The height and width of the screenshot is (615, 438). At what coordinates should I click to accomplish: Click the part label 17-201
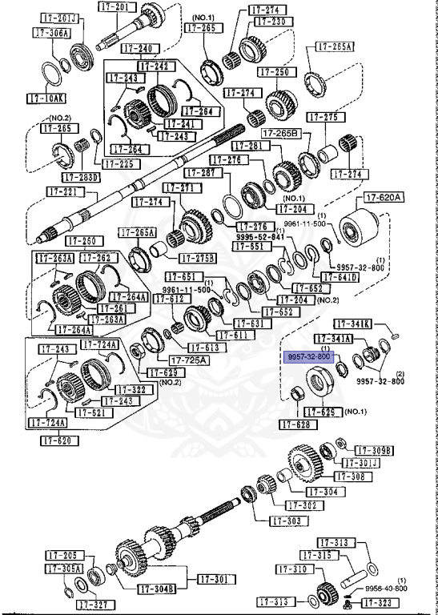(x=116, y=6)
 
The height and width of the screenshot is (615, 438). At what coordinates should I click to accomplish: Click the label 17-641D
(x=341, y=278)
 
